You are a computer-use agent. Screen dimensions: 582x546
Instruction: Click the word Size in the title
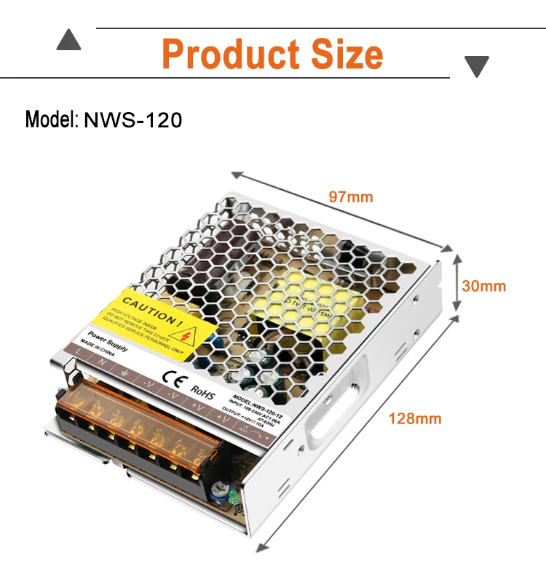point(344,55)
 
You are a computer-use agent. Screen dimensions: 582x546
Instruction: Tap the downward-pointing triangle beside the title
point(477,67)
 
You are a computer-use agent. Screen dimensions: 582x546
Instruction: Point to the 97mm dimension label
point(350,197)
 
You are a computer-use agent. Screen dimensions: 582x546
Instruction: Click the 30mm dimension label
point(484,286)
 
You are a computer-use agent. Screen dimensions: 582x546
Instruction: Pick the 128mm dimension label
point(414,418)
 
